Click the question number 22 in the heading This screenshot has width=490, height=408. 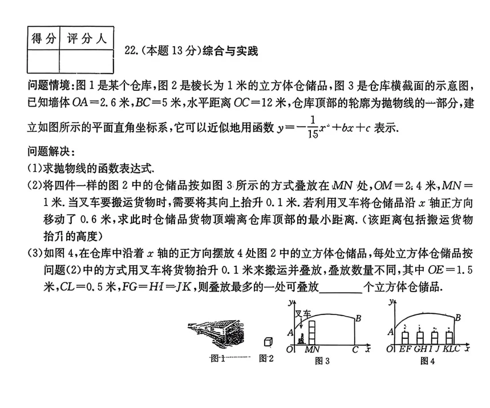point(129,51)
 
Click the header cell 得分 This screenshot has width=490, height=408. point(43,39)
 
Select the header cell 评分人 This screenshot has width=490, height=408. point(87,39)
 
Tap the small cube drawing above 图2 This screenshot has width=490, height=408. point(267,341)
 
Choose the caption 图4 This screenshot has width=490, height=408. point(427,360)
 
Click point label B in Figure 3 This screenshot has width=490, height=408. point(358,318)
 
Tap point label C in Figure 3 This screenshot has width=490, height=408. point(355,349)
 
